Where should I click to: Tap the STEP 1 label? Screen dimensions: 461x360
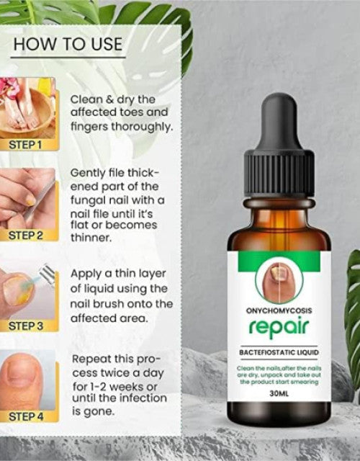27,145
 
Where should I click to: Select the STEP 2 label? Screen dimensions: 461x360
27,235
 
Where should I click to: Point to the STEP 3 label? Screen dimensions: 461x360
27,326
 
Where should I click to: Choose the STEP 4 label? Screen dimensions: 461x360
27,416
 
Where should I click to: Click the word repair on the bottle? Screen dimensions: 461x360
279,326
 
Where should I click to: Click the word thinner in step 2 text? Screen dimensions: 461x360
91,238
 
